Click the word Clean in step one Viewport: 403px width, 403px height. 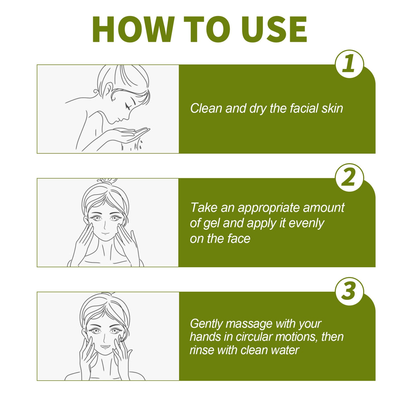tap(206, 108)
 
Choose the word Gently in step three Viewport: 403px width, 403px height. tap(206, 324)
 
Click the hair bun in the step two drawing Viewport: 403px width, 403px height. tap(107, 181)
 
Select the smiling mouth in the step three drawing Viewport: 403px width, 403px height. tap(105, 347)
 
